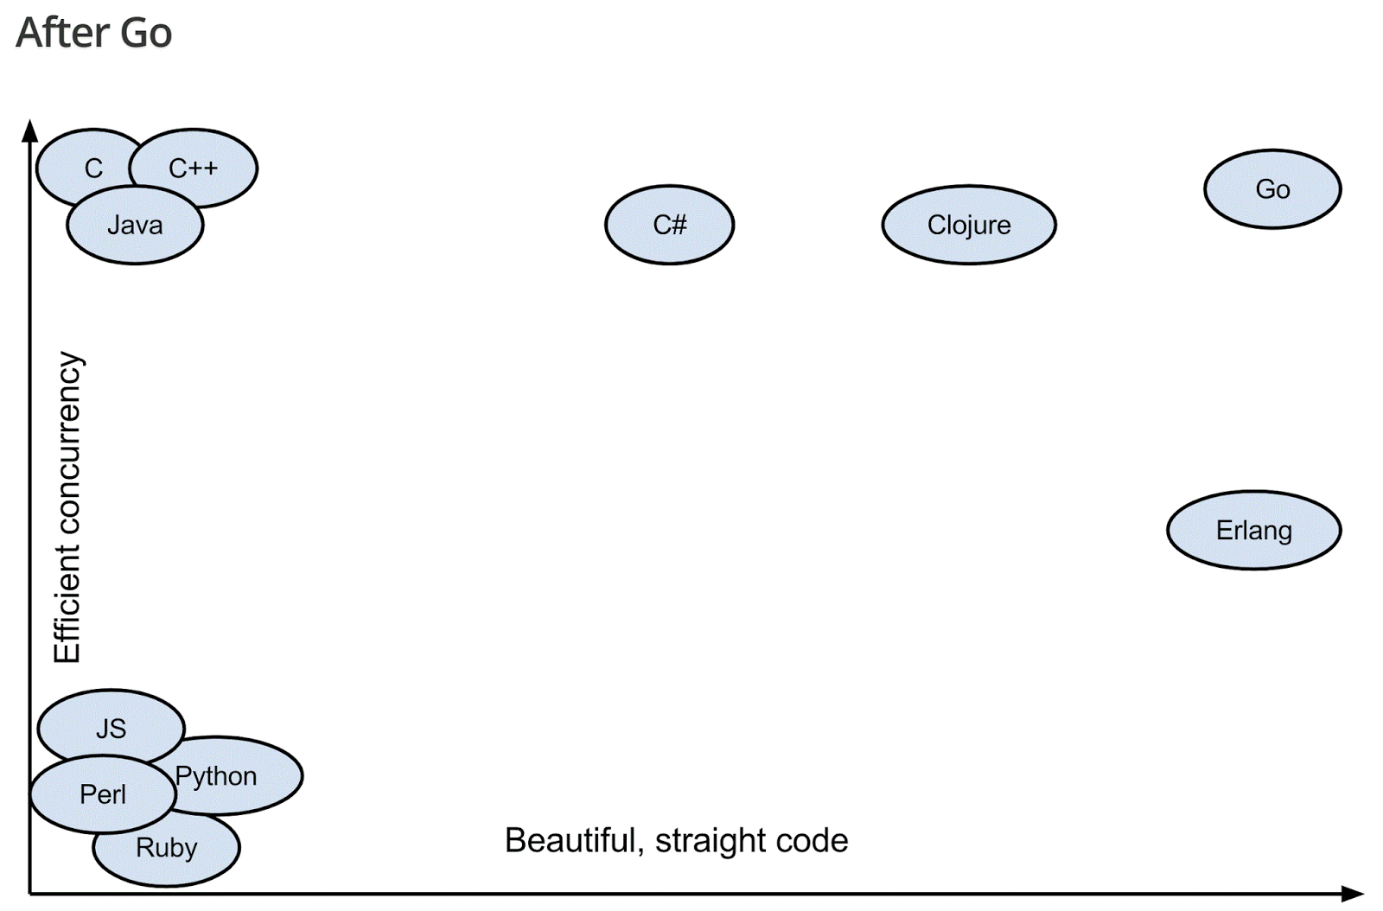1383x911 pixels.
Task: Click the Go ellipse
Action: click(1271, 189)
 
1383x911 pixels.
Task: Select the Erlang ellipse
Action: click(1253, 530)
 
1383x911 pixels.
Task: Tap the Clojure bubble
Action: click(968, 225)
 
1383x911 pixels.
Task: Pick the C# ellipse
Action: click(669, 225)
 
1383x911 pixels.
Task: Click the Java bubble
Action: click(135, 226)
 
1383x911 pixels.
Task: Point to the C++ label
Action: click(193, 168)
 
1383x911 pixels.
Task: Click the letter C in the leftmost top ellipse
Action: click(93, 168)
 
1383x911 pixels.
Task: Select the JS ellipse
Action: click(111, 728)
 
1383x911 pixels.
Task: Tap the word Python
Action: click(216, 776)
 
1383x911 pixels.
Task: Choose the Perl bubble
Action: click(102, 793)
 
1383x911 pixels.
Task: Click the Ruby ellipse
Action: click(166, 848)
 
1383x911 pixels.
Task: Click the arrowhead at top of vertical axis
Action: click(30, 131)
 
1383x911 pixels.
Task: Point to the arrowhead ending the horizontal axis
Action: click(1353, 893)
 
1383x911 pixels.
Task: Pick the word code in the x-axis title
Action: click(814, 840)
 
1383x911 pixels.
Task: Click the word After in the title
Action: click(63, 33)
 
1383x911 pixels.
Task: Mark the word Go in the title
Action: click(146, 33)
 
